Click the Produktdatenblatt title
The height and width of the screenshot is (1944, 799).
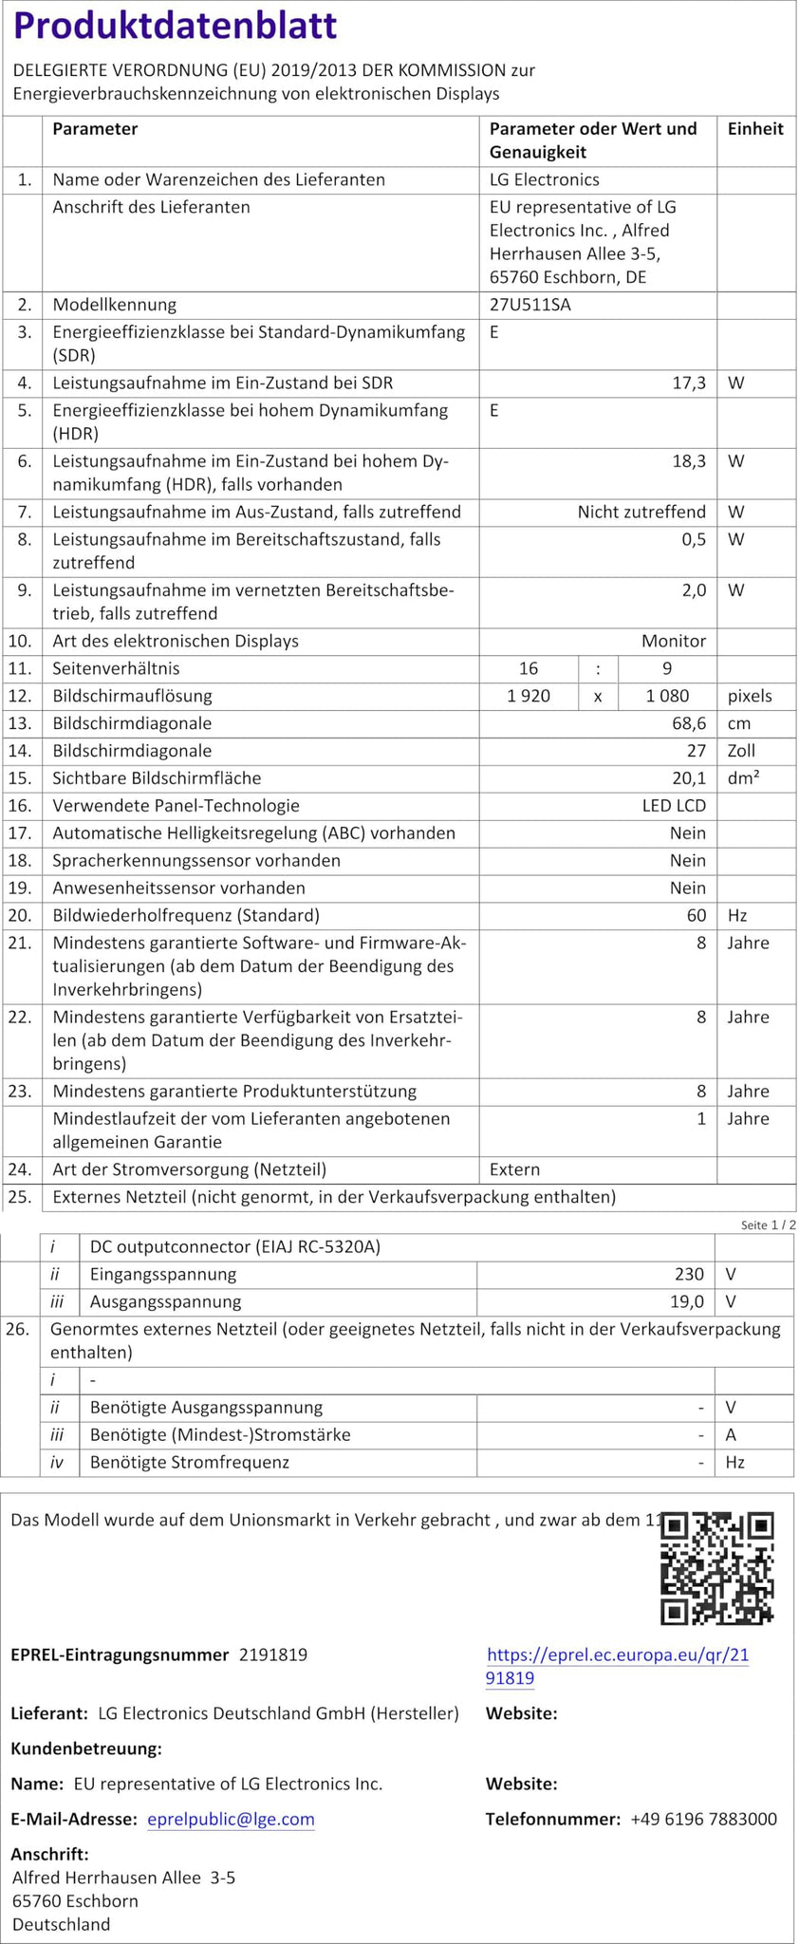pos(176,27)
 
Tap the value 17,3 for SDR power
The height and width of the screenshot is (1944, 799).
pos(688,383)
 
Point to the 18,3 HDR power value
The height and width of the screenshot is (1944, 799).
pos(688,461)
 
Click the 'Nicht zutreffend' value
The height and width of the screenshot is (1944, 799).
pos(641,512)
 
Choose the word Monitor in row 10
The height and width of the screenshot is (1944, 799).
pos(674,641)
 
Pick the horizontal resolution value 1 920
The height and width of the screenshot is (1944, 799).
pos(529,696)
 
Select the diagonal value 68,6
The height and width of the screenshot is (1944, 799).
pos(688,723)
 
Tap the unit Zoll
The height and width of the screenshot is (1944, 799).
pos(741,751)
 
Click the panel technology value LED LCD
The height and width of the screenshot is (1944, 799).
pos(674,806)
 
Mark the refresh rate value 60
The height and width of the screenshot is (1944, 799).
pos(697,915)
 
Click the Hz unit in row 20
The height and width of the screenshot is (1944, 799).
pos(737,915)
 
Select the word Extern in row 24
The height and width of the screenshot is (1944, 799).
pos(514,1169)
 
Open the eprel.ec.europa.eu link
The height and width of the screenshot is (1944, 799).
pos(617,1666)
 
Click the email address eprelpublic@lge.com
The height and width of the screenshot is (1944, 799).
pos(231,1819)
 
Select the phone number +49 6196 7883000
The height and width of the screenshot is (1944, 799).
pos(703,1819)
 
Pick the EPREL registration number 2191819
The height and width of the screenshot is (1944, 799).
pos(273,1654)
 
